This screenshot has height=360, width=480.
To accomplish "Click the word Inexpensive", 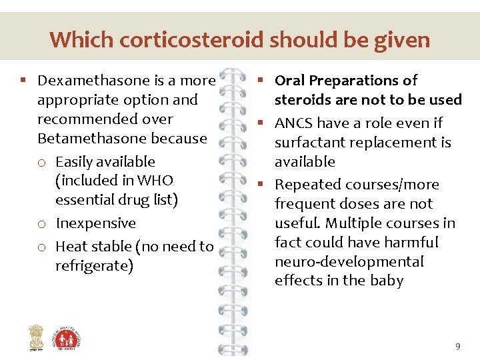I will (95, 223).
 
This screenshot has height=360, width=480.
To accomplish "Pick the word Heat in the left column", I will (71, 247).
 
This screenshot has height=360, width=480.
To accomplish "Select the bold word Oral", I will (290, 81).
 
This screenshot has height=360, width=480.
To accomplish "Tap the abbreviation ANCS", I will (294, 123).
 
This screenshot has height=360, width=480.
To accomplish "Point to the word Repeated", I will (305, 185).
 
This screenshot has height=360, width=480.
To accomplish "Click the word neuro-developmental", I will (349, 262).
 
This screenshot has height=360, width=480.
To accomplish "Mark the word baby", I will (387, 281).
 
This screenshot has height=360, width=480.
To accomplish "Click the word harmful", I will (414, 243).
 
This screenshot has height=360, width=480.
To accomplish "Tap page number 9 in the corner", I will (457, 347).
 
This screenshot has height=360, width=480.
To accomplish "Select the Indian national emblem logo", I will (35, 337).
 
